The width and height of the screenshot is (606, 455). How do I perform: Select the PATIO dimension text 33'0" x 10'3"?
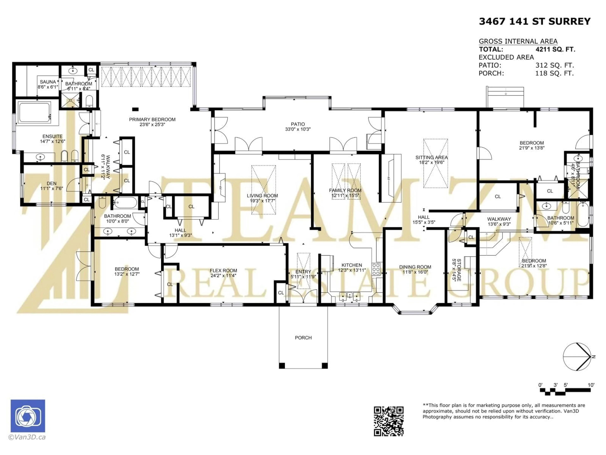pyautogui.click(x=298, y=129)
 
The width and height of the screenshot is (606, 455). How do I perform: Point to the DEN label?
pyautogui.click(x=51, y=183)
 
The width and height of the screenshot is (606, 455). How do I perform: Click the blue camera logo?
pyautogui.click(x=28, y=416)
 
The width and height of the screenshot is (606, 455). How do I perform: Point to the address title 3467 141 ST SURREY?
pyautogui.click(x=535, y=21)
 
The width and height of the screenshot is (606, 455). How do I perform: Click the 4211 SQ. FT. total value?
pyautogui.click(x=555, y=49)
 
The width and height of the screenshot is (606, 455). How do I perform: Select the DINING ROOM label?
pyautogui.click(x=415, y=267)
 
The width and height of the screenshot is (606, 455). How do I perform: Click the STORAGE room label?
pyautogui.click(x=459, y=270)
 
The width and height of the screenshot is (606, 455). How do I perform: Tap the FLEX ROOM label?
pyautogui.click(x=223, y=270)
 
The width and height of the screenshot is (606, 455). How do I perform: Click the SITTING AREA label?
pyautogui.click(x=431, y=157)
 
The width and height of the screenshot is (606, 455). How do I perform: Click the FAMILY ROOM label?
pyautogui.click(x=345, y=190)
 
